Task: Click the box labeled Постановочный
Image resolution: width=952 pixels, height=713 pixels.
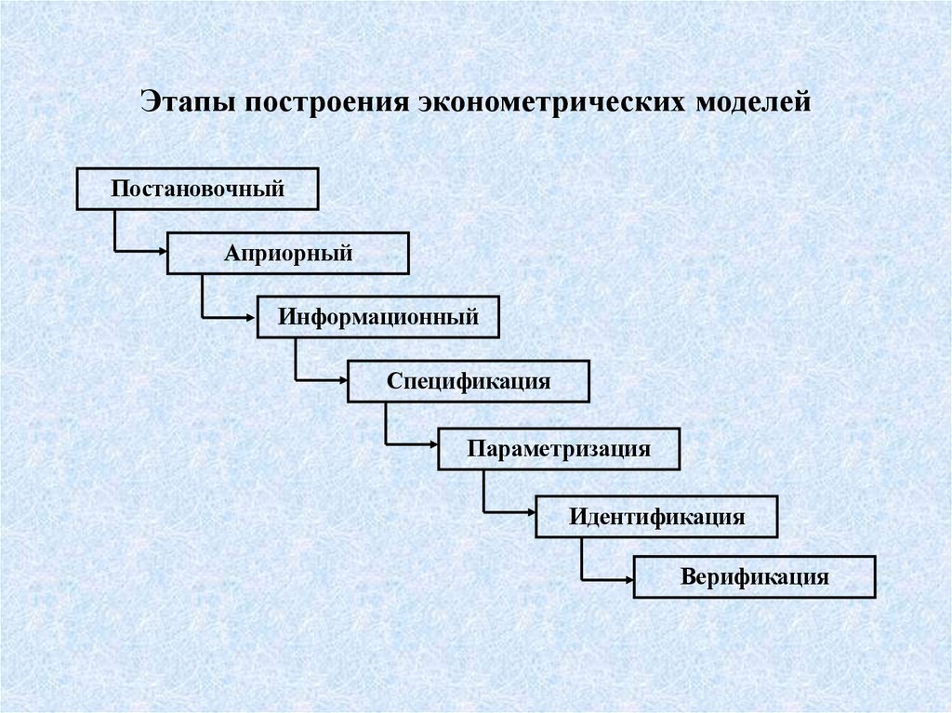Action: [x=197, y=190]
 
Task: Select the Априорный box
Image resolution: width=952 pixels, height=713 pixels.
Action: [x=287, y=253]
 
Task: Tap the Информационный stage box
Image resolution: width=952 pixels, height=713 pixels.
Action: [x=378, y=317]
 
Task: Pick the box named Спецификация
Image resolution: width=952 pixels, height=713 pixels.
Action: [x=469, y=381]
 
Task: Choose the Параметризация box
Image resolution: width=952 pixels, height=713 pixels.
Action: [x=559, y=448]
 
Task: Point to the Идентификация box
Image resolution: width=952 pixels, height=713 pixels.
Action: [x=656, y=516]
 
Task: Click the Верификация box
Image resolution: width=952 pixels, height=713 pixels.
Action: [x=754, y=576]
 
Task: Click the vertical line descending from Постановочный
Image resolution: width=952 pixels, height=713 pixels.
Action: [x=114, y=230]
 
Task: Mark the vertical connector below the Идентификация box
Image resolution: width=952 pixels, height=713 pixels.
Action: [x=582, y=556]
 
